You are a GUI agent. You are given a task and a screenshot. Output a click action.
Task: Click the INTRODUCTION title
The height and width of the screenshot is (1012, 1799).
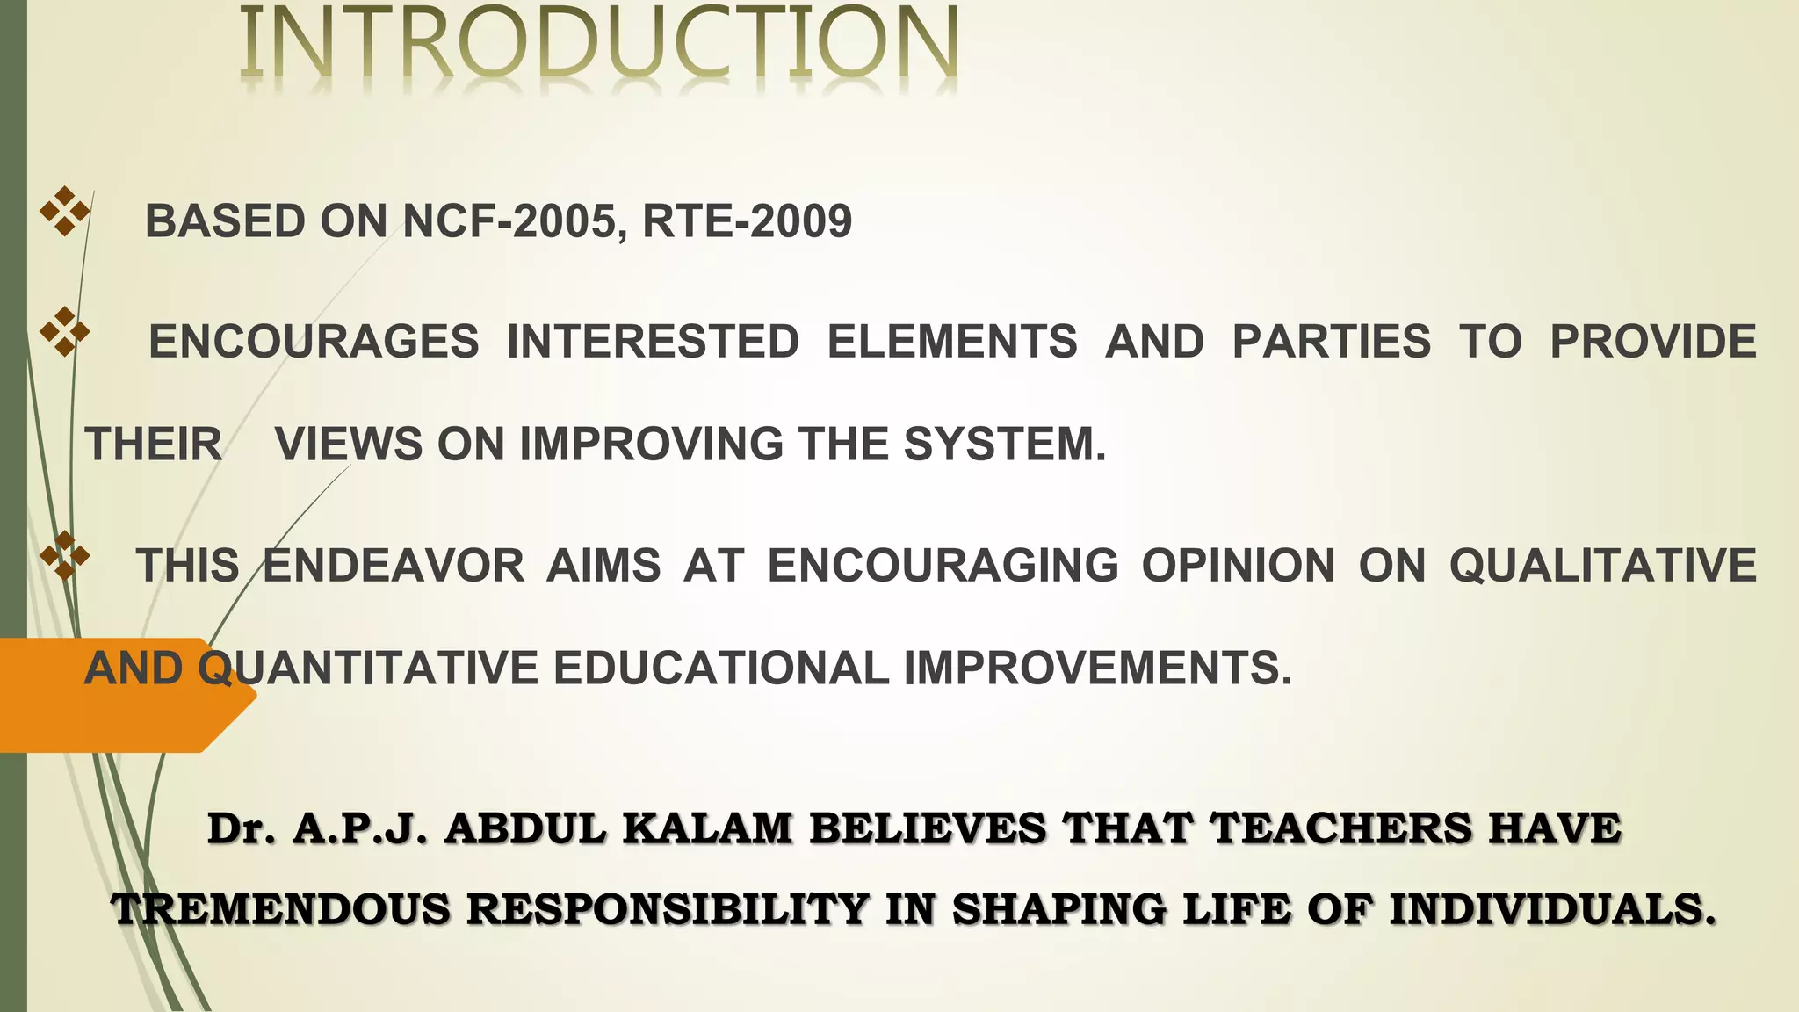599,44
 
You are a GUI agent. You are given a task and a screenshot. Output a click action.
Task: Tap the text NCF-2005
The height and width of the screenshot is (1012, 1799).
515,220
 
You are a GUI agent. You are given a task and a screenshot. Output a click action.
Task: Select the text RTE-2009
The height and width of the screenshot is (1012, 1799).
747,220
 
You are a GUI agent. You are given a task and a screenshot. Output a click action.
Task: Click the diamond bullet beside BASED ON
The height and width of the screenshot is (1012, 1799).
65,211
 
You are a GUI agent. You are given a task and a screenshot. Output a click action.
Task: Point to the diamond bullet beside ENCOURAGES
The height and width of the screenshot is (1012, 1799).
65,332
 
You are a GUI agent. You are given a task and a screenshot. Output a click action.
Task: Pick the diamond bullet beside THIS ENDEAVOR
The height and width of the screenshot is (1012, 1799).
65,556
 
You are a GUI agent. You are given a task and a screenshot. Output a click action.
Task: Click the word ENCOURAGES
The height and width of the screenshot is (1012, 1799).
314,342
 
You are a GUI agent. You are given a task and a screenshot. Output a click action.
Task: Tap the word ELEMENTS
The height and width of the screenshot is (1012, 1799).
952,342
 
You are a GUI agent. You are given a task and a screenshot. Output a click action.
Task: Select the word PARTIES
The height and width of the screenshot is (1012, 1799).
1331,342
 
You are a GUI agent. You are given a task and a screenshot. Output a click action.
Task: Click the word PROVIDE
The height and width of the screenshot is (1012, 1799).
1652,342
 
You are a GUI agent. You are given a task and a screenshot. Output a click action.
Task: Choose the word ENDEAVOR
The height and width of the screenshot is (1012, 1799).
394,565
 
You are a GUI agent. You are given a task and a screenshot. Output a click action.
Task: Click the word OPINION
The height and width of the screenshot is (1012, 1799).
1238,565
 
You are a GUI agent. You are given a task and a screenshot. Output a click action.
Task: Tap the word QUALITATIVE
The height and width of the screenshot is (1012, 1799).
1602,565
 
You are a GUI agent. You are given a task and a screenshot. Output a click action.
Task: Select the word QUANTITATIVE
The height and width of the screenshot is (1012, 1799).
368,668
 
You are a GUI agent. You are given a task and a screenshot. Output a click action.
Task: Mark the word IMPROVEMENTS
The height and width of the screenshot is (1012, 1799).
1097,668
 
